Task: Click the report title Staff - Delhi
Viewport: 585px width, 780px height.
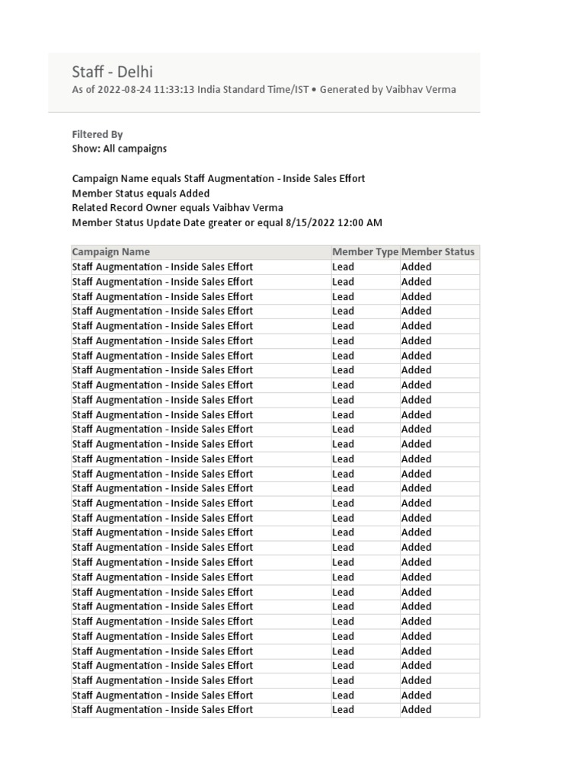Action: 112,72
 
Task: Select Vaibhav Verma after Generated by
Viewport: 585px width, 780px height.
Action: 421,90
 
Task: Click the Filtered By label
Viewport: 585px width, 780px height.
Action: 97,134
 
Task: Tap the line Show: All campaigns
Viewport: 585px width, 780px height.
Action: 119,149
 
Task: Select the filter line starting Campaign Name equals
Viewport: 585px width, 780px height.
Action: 218,178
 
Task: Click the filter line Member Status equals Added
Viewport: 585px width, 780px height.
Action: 140,193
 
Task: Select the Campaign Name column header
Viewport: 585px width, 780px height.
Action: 111,252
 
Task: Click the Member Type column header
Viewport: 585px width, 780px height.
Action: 365,252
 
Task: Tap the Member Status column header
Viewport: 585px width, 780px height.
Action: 438,252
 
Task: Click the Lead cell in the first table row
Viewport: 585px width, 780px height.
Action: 344,267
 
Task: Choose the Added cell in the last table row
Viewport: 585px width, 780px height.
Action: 416,710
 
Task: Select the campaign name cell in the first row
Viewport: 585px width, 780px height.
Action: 162,267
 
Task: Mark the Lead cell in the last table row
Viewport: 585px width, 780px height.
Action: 344,710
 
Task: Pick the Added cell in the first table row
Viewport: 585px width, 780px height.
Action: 416,267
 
